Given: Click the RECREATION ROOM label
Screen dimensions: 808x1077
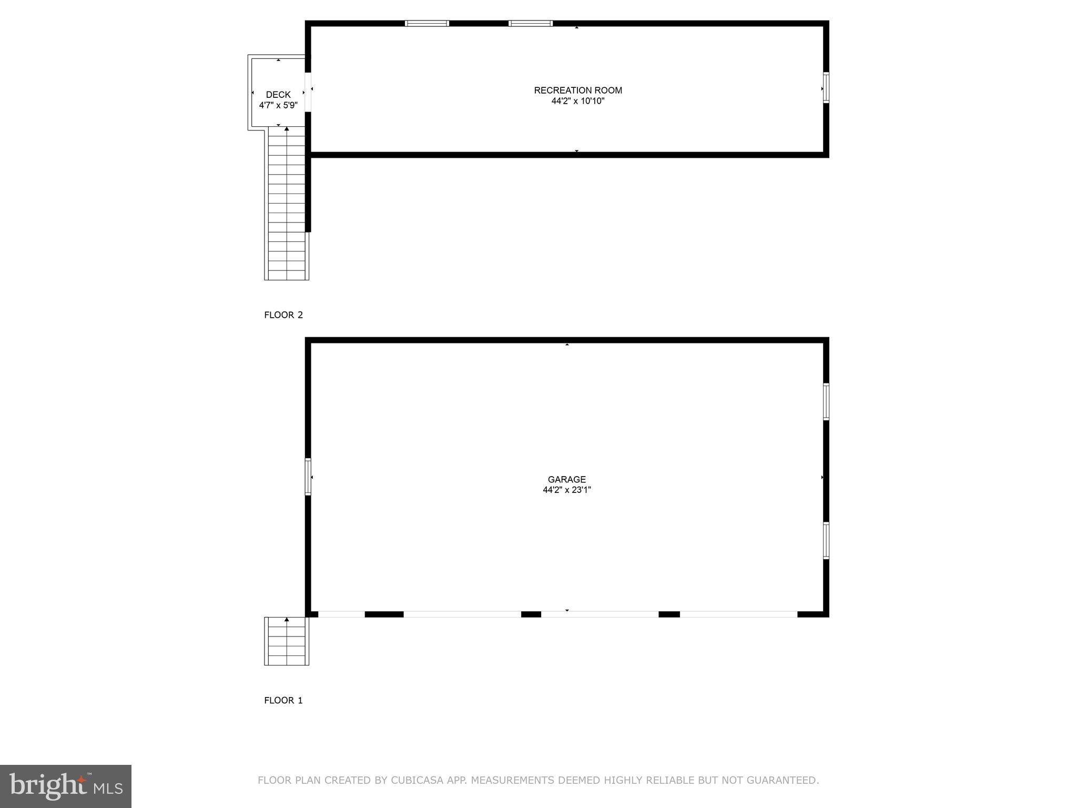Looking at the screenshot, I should pos(578,90).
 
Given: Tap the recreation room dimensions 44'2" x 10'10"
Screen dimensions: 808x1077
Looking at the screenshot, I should pos(578,101).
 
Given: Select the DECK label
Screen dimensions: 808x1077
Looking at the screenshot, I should pos(278,95).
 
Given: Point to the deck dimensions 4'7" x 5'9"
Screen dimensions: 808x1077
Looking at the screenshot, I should pos(278,105).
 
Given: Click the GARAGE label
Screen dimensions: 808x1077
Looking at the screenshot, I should pos(566,479).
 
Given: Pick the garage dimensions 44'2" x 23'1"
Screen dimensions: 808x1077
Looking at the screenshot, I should pos(566,490).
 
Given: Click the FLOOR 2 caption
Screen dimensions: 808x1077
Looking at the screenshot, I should pos(283,315).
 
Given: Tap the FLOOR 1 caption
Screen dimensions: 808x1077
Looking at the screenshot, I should pos(283,700).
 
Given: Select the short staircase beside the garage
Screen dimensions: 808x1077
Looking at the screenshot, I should pos(287,641).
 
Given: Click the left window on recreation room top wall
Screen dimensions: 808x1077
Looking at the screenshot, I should pos(426,23).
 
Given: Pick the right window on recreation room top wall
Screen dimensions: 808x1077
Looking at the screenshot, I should pos(530,23).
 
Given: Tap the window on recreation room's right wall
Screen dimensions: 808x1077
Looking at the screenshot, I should pos(826,87).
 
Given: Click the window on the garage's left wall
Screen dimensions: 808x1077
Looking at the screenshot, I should pos(308,477).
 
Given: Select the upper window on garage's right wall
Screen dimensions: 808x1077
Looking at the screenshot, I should pos(826,402).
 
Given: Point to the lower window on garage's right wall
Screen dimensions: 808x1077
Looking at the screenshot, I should pos(826,540).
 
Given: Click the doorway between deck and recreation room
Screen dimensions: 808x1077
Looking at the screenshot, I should pos(308,92).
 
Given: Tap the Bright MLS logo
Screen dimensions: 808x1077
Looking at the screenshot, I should pos(66,786).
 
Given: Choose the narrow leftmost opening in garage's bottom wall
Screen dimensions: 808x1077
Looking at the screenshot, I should pos(341,614).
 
